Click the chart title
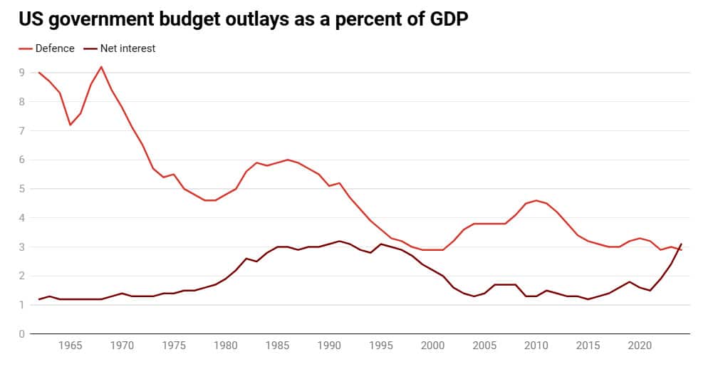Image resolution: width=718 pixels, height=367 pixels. [x=244, y=20]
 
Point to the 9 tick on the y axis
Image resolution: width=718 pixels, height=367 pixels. [x=22, y=73]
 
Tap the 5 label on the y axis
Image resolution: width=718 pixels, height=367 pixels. [x=22, y=189]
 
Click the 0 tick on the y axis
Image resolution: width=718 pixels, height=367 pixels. [x=22, y=334]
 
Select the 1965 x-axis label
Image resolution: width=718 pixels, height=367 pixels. [x=70, y=346]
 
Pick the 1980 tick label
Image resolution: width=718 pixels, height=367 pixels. [x=225, y=346]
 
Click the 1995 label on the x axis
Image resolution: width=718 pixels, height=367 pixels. [x=381, y=346]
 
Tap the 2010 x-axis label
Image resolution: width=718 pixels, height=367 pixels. [x=536, y=346]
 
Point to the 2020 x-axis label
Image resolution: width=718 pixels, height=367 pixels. [x=640, y=346]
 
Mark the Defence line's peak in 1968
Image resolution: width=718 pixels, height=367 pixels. [x=101, y=67]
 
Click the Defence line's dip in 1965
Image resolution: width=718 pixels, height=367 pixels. [x=70, y=125]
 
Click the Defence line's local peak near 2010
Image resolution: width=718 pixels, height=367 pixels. [x=536, y=200]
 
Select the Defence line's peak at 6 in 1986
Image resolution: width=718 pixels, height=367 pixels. [x=288, y=160]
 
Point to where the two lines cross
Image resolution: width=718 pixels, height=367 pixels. [x=679, y=248]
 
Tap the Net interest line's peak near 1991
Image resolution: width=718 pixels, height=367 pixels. [x=340, y=241]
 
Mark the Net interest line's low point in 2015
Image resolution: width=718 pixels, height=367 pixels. [x=588, y=299]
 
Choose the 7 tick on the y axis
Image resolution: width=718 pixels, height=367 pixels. [x=22, y=130]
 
